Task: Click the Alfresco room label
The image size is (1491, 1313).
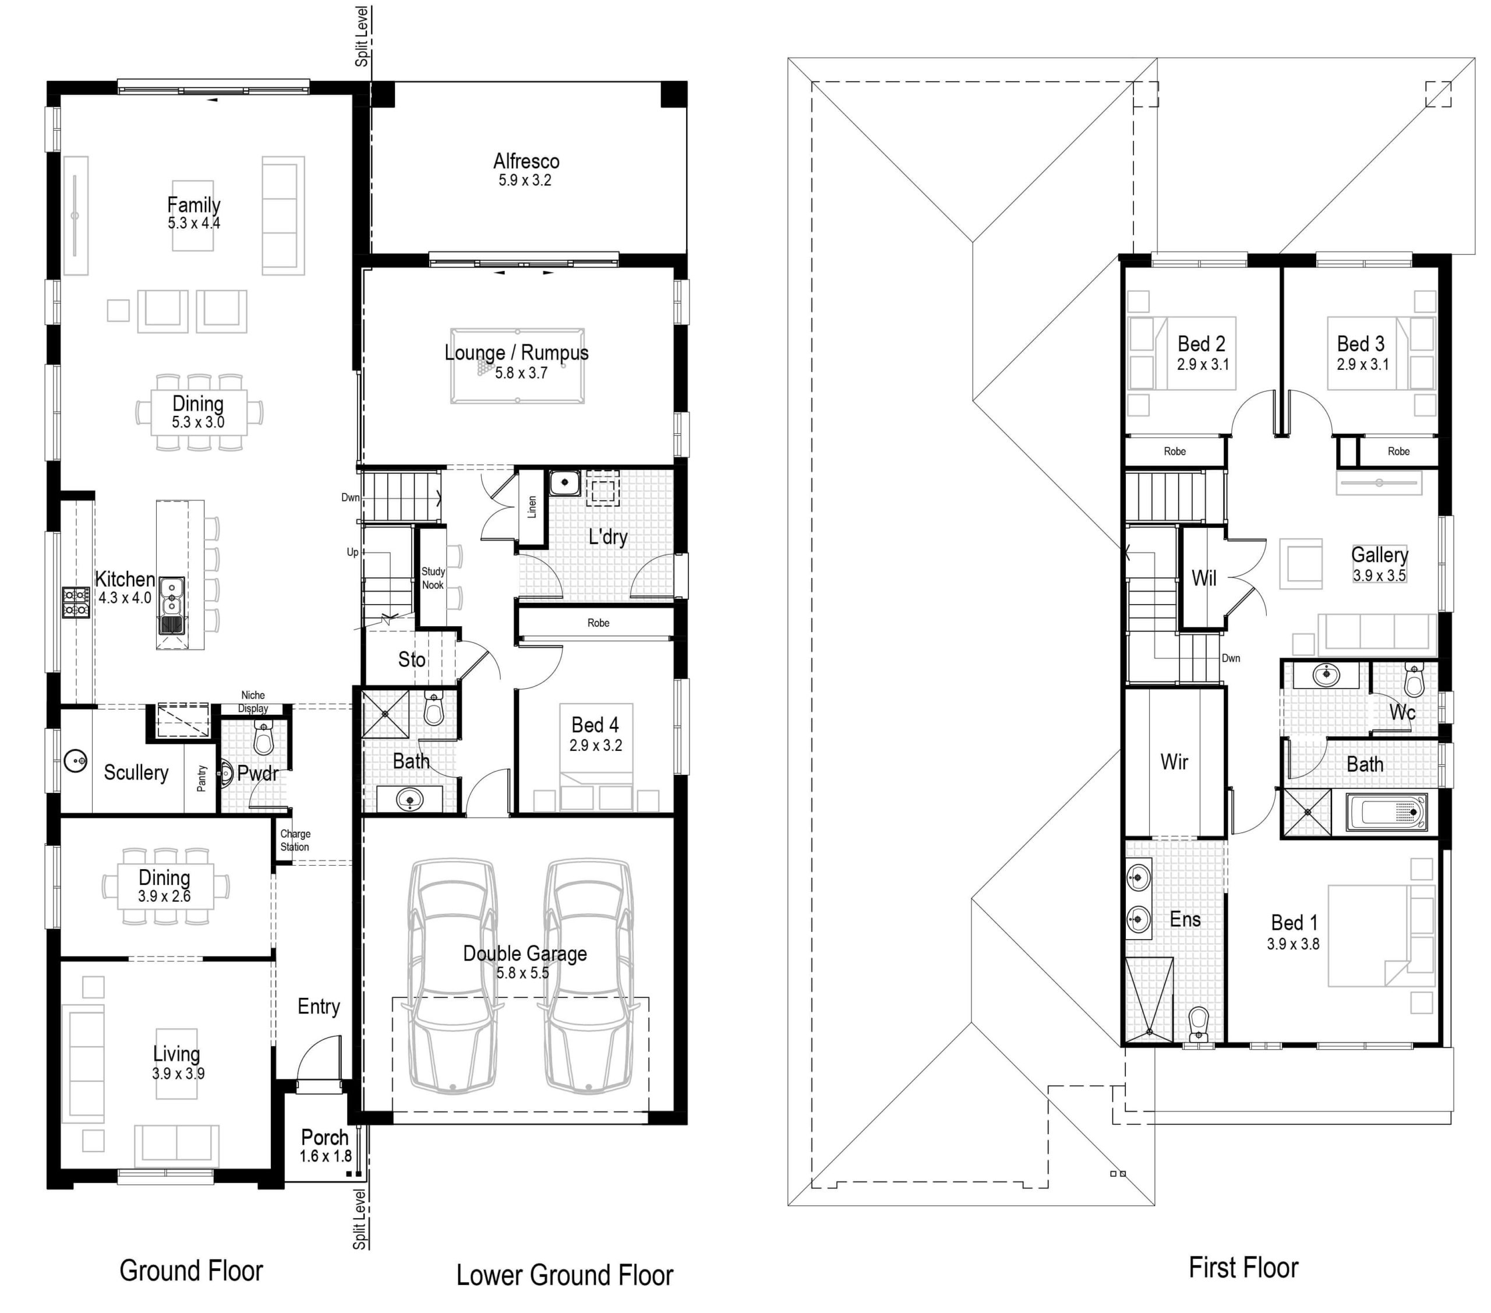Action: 526,161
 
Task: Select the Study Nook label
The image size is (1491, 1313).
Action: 433,578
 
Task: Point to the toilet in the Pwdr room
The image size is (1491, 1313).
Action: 263,740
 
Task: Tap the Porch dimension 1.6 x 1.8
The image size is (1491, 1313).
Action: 326,1156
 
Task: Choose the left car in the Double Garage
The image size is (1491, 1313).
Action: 453,977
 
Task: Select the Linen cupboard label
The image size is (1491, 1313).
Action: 532,507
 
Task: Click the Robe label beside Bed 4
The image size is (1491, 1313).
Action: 598,623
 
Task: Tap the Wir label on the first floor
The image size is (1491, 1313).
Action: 1174,763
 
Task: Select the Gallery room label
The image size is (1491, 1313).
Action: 1379,555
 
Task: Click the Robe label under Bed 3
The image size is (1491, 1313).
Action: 1398,451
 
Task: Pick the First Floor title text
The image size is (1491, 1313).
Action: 1243,1268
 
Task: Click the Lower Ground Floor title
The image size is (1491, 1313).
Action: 564,1275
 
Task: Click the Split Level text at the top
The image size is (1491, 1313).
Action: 362,37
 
